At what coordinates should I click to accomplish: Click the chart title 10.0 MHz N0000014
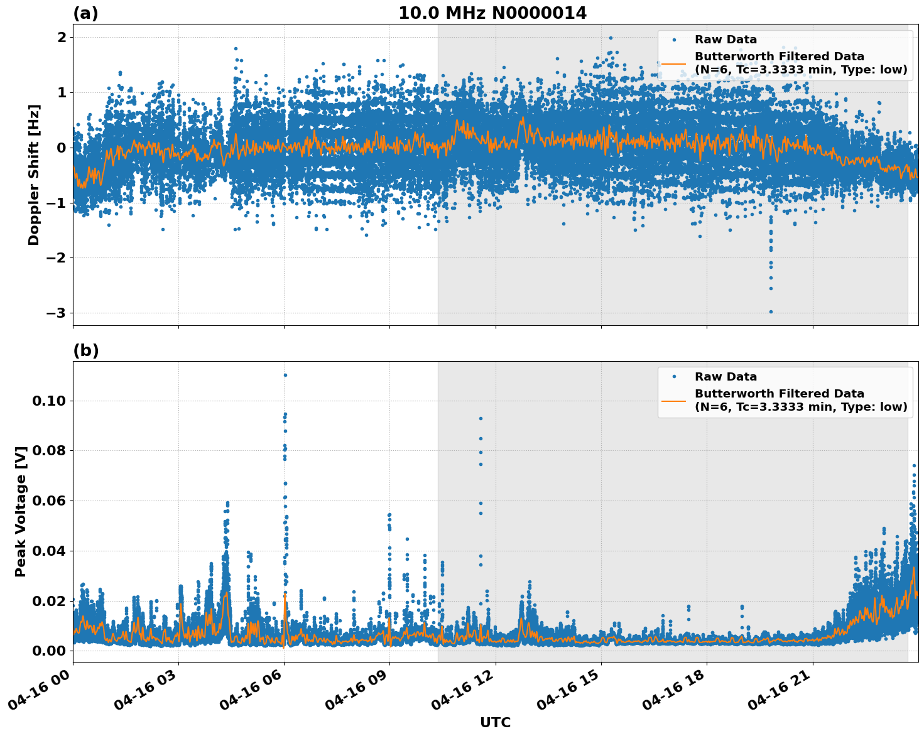pos(492,13)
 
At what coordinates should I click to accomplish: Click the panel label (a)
pos(85,13)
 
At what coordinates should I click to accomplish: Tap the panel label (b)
pos(85,350)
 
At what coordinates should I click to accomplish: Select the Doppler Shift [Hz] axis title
pos(34,175)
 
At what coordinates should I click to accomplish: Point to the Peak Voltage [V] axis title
pos(21,511)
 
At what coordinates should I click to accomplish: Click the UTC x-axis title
pos(495,722)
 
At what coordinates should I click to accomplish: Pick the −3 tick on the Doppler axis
pos(57,313)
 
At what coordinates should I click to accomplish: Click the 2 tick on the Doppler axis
pos(62,38)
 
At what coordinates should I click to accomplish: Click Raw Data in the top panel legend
pos(726,40)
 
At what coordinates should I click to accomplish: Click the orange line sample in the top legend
pos(674,63)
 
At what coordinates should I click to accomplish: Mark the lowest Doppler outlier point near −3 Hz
pos(771,311)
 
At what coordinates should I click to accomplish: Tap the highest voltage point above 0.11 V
pos(285,375)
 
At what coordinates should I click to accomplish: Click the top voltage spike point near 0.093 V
pos(481,418)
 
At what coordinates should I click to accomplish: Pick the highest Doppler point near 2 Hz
pos(610,38)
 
